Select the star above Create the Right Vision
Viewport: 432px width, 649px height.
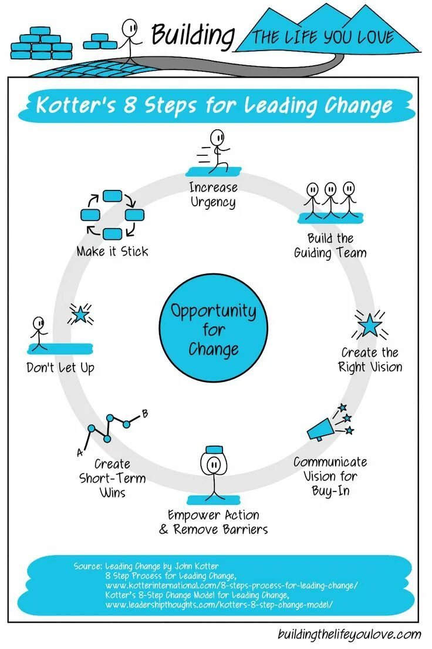(369, 325)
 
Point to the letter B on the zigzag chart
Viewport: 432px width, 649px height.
(145, 413)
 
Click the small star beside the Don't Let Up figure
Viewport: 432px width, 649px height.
(80, 316)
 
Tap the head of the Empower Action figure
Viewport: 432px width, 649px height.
(214, 464)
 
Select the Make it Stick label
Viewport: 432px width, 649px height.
(112, 252)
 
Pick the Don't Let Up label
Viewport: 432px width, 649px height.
(60, 369)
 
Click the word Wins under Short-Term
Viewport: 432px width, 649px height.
(112, 492)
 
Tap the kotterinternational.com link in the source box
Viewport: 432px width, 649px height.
(232, 586)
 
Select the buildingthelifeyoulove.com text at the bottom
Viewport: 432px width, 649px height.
(349, 634)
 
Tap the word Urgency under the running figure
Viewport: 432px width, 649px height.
(213, 203)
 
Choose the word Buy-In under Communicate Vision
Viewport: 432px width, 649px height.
(330, 490)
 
